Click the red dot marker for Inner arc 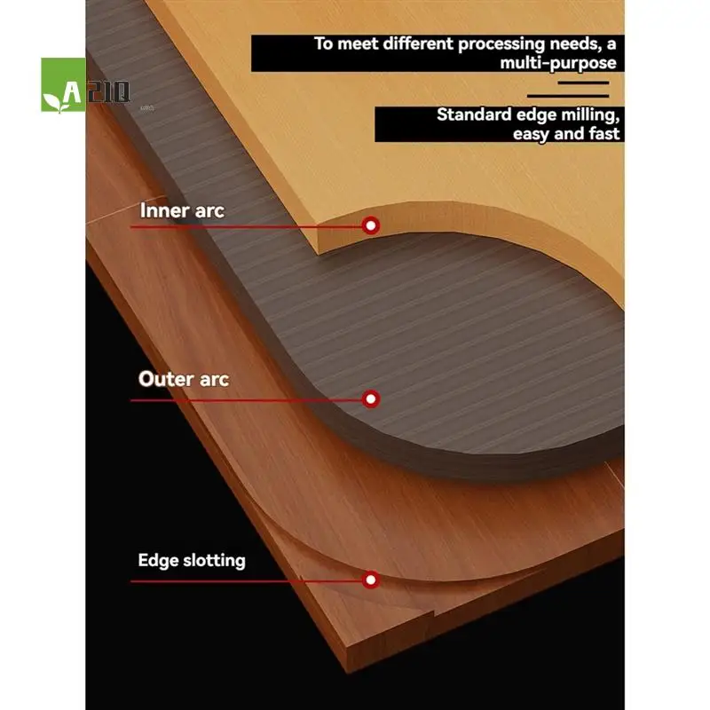click(371, 225)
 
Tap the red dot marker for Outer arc click(371, 398)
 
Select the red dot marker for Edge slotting click(371, 580)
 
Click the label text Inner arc click(182, 211)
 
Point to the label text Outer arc click(184, 379)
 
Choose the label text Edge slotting click(192, 560)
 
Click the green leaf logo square click(63, 85)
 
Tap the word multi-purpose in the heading click(558, 63)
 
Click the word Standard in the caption click(474, 114)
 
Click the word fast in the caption click(602, 134)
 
